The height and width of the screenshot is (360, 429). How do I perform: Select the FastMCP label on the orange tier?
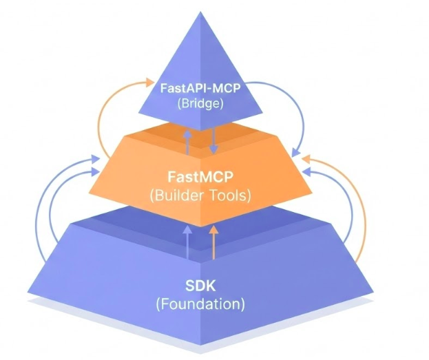(200, 177)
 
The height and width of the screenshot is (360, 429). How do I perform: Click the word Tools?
(231, 195)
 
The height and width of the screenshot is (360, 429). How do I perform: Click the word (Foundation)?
(200, 303)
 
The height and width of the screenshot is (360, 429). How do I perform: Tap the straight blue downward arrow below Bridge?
(213, 140)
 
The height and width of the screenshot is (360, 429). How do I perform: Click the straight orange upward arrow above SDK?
(213, 242)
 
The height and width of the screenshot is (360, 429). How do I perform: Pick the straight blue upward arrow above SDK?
(188, 242)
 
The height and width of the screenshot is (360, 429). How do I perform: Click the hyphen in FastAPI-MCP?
(207, 89)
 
